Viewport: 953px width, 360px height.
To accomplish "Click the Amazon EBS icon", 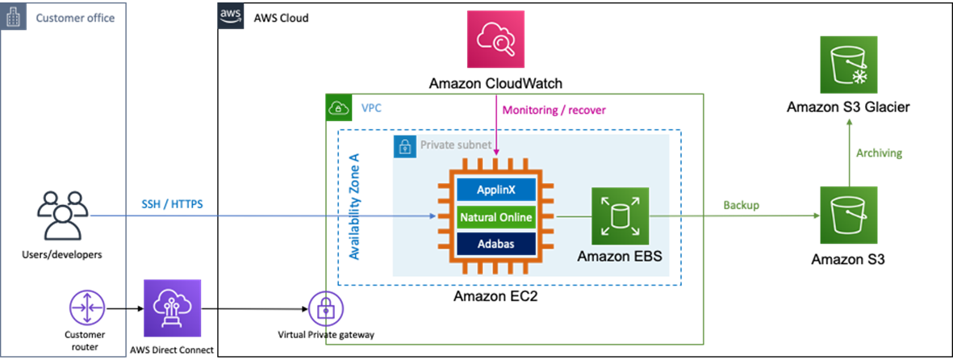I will pyautogui.click(x=619, y=216).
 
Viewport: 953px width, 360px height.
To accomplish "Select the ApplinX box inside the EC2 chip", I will pyautogui.click(x=495, y=190).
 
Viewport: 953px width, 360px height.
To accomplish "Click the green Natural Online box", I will pyautogui.click(x=495, y=216).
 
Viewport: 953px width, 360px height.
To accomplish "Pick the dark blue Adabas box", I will pyautogui.click(x=495, y=243).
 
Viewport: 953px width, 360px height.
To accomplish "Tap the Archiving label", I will pyautogui.click(x=880, y=153).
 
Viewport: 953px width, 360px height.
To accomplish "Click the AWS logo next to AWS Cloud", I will pyautogui.click(x=230, y=16).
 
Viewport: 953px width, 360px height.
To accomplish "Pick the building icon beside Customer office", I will pyautogui.click(x=14, y=17).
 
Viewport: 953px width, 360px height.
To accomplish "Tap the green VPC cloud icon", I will pyautogui.click(x=337, y=107).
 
